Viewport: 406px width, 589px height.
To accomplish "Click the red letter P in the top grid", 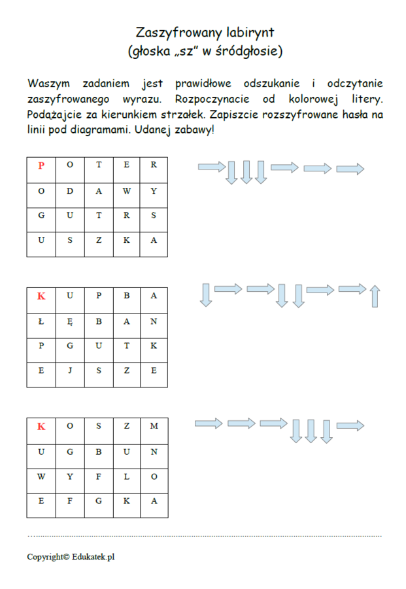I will [41, 165].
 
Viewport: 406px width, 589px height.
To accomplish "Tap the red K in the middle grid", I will [41, 296].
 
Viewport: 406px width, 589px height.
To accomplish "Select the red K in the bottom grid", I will [41, 427].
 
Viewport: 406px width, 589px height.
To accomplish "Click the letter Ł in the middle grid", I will [41, 321].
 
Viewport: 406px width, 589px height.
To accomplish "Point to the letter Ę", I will [70, 321].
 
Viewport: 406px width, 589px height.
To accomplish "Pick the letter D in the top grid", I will [70, 191].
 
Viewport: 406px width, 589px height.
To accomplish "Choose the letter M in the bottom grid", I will [154, 427].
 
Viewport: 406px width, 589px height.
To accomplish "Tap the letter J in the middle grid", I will [70, 370].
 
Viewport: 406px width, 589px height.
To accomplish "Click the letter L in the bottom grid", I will [126, 476].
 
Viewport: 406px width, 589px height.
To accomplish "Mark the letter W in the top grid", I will [126, 191].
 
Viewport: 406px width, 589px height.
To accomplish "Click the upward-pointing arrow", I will [375, 296].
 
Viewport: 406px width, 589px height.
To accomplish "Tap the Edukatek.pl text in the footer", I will [96, 557].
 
